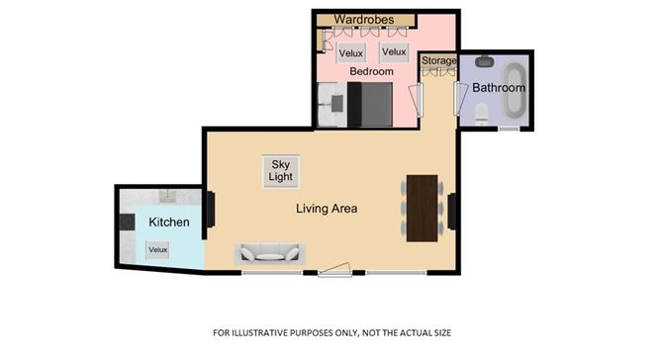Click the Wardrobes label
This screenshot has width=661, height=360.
[x=364, y=20]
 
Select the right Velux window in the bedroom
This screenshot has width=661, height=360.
[x=394, y=52]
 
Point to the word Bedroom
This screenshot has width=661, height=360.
[x=371, y=71]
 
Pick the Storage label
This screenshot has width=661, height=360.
[x=439, y=61]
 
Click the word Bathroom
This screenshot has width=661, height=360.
[x=498, y=88]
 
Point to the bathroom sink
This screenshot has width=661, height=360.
[x=484, y=61]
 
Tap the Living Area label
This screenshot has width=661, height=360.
[x=326, y=209]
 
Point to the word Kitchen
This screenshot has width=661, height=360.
[x=168, y=223]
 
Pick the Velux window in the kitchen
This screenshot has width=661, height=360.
[x=157, y=250]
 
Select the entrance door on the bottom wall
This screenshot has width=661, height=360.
[x=334, y=270]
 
